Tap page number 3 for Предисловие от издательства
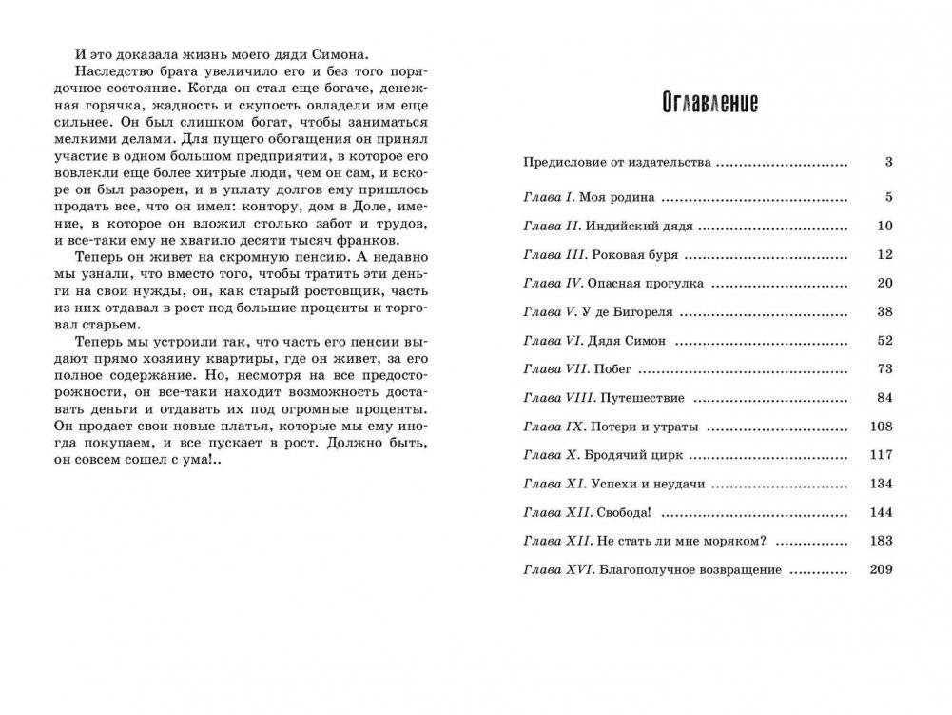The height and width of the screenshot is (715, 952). pos(888,162)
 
